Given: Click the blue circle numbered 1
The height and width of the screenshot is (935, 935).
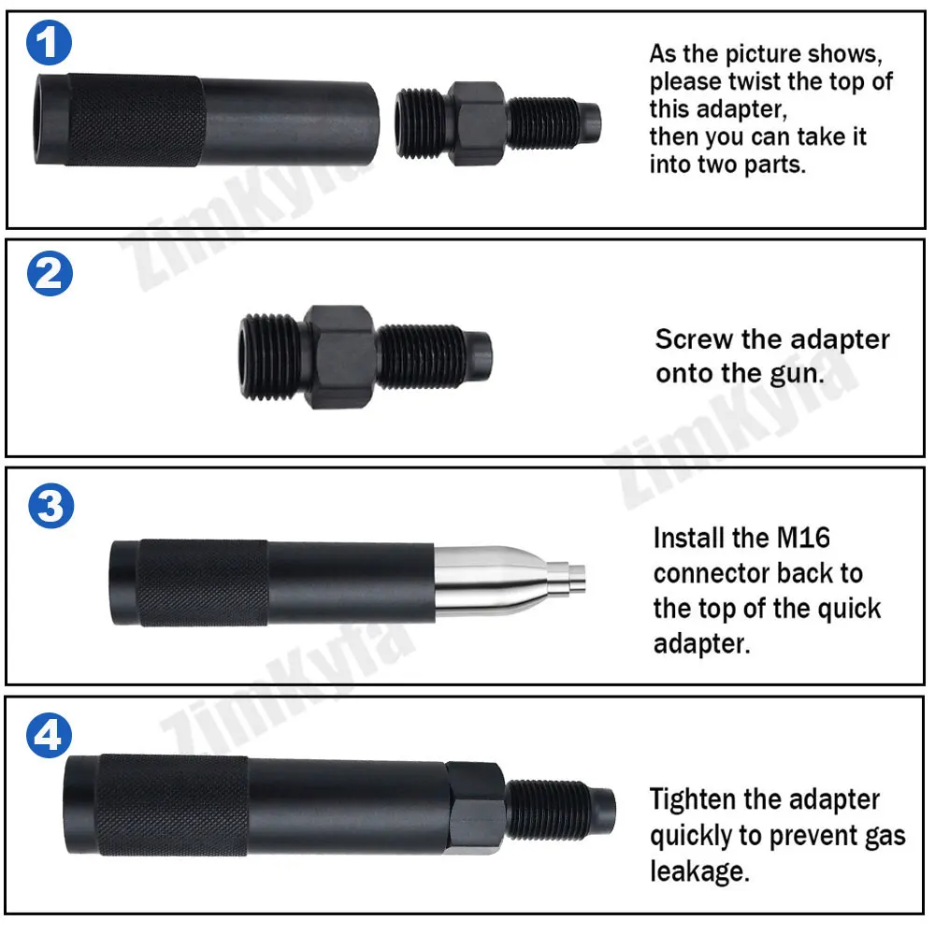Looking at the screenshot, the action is [49, 42].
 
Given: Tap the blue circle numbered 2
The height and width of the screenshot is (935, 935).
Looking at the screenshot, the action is [50, 274].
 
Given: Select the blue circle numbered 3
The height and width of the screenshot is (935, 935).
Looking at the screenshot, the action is [51, 506].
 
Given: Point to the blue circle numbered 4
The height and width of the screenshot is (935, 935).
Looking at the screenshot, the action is [49, 735].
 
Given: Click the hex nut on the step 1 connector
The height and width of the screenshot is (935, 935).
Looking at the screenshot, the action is [477, 123].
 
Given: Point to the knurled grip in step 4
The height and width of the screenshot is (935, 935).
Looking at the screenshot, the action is [173, 805].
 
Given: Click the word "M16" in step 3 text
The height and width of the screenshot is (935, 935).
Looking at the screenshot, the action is [804, 538].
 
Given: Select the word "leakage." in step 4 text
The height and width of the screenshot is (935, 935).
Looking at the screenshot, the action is [699, 871].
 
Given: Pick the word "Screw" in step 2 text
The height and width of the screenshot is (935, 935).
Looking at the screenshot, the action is [694, 339].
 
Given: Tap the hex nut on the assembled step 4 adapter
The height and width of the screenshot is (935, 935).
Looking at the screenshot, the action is [475, 809].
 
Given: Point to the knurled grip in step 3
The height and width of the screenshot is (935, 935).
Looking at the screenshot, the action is [203, 583].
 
